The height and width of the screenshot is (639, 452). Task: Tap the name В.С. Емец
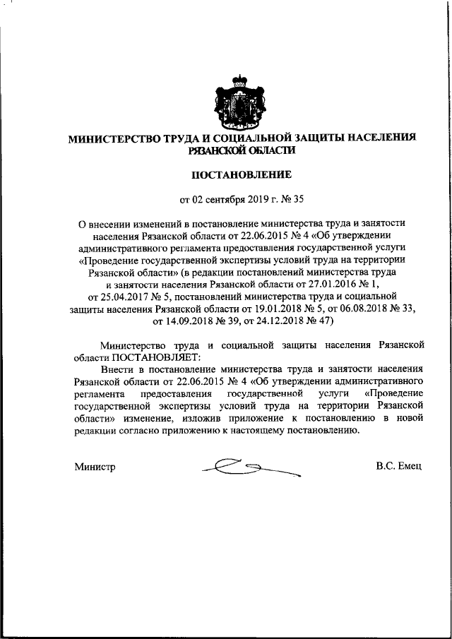(399, 467)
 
